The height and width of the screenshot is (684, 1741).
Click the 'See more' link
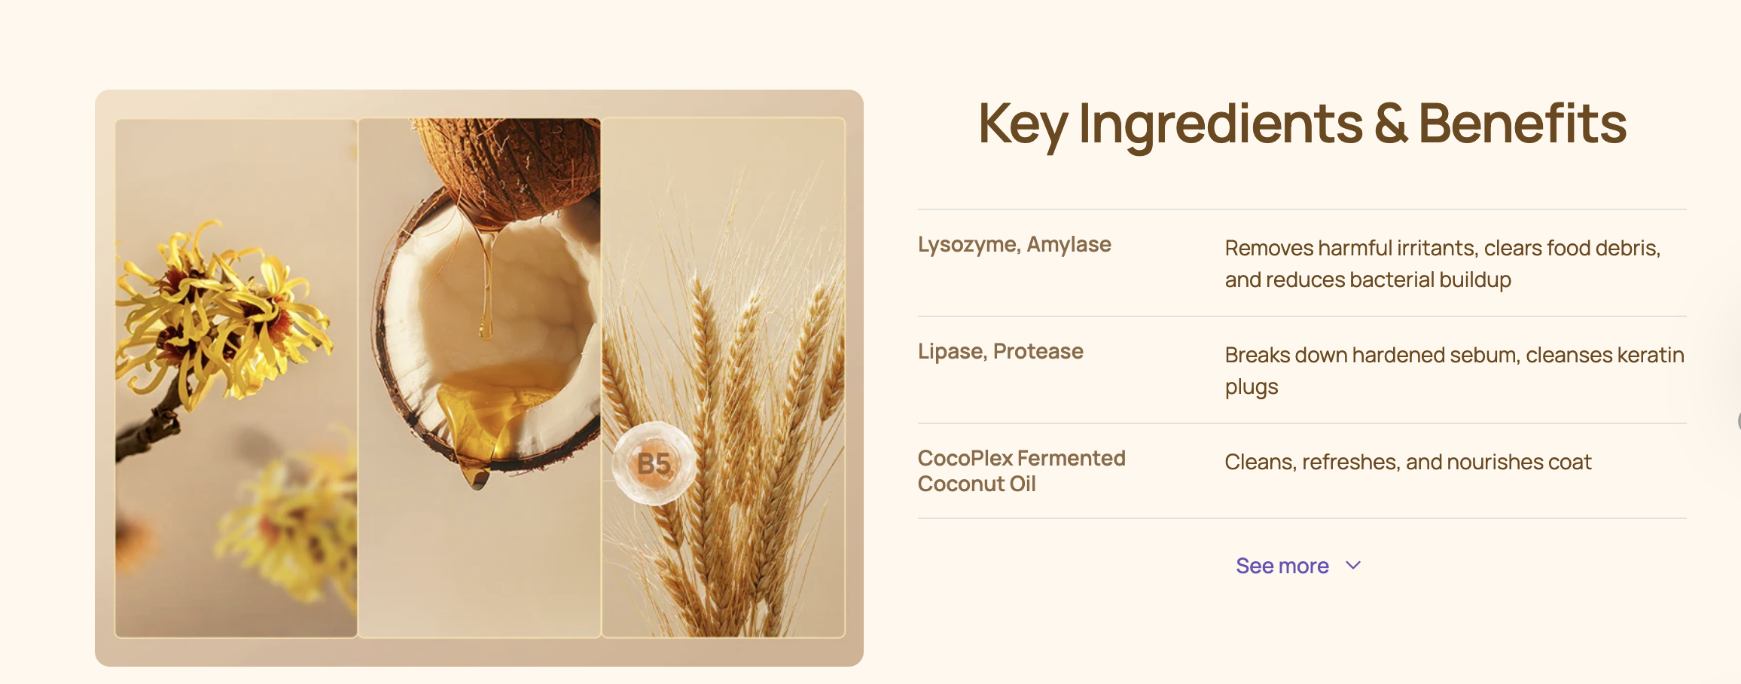[1282, 566]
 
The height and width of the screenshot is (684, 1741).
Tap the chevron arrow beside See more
[1353, 565]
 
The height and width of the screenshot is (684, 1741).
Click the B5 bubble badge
[654, 463]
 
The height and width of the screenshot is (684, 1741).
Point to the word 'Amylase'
[1069, 244]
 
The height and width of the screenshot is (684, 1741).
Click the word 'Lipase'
[952, 352]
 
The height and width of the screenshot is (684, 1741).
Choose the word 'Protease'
[1038, 351]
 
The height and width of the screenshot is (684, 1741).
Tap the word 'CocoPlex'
[965, 458]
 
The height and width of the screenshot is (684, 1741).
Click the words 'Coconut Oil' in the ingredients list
[977, 484]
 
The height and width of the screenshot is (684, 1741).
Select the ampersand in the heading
[1390, 124]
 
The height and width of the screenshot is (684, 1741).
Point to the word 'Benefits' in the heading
[1523, 123]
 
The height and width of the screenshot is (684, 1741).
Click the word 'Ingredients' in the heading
[1221, 125]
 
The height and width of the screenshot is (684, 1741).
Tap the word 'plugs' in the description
[1252, 387]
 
